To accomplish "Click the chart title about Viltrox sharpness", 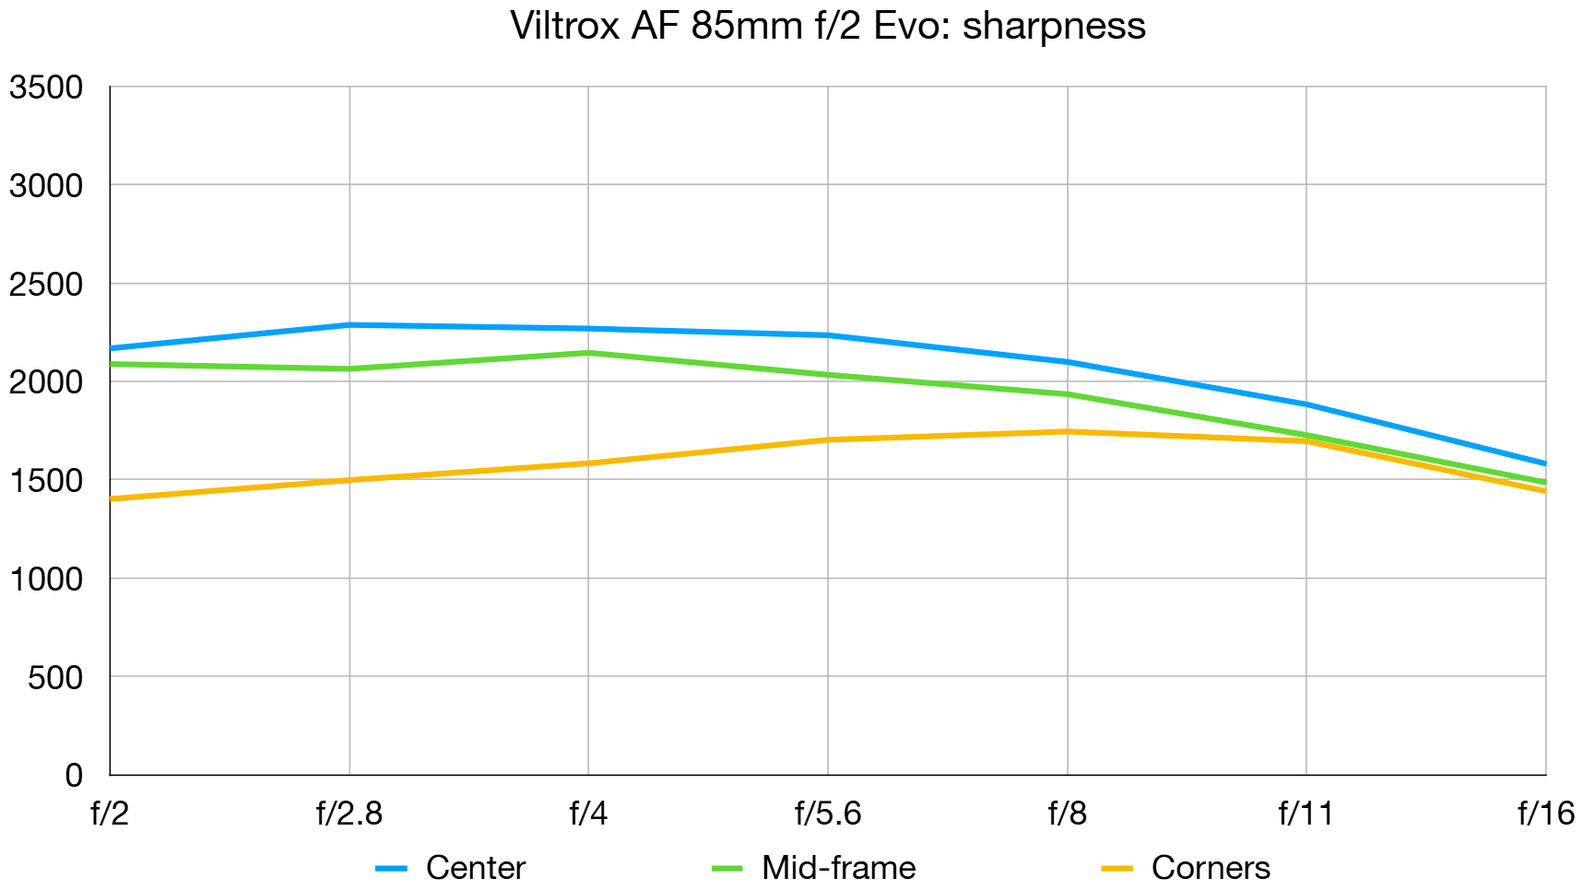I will (827, 26).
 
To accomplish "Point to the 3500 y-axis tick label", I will (46, 88).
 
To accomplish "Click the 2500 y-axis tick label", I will (46, 285).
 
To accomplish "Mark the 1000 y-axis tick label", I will (46, 579).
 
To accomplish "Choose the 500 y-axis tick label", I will (55, 677).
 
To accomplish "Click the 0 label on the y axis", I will (74, 775).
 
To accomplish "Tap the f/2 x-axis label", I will (110, 814).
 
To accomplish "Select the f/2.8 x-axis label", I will (348, 814).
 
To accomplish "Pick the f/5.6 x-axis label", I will (828, 814).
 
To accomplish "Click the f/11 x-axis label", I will (1305, 814).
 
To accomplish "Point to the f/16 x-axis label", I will (1545, 814).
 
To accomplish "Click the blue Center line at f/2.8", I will (349, 324).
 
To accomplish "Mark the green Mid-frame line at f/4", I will (588, 353).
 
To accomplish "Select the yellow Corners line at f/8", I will (1068, 431).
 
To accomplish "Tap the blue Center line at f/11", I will (1306, 404).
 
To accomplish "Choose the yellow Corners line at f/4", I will (588, 463).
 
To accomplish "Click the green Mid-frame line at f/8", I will (1068, 394).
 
